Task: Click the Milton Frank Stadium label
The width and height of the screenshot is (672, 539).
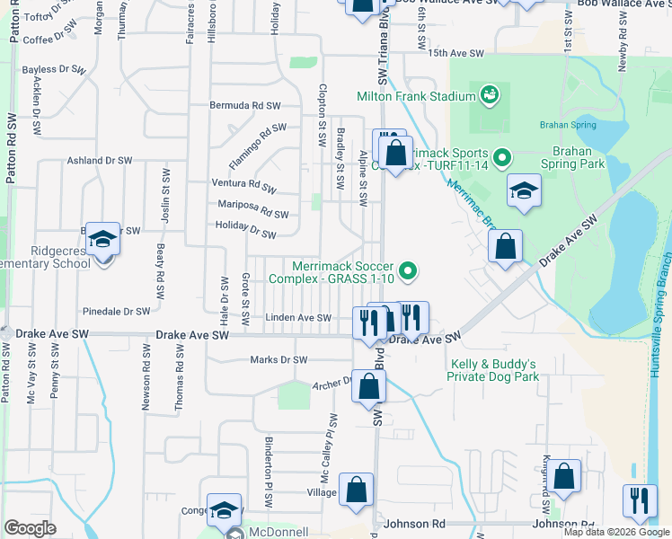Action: coord(415,96)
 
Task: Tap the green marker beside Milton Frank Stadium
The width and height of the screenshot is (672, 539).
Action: coord(489,94)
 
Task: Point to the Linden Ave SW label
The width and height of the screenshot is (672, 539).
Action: coord(300,317)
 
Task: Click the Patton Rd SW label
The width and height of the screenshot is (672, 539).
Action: coord(11,148)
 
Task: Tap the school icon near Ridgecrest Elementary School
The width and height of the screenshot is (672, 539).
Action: coord(102,239)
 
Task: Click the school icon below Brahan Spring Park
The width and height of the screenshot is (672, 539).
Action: coord(524,191)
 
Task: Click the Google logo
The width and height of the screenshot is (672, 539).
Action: coord(31,528)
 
